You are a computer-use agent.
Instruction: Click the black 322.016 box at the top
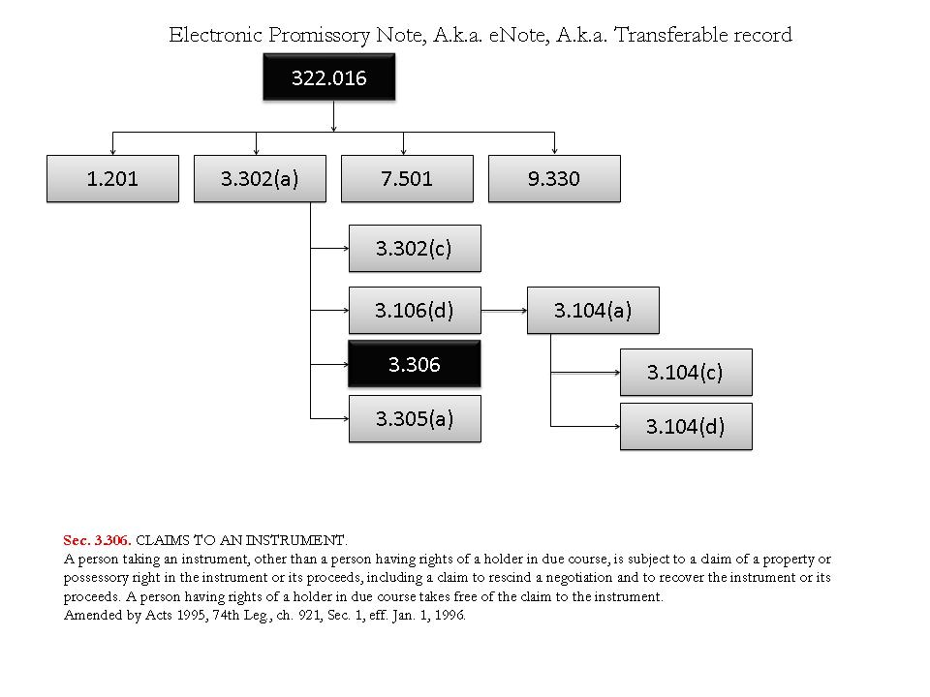[x=329, y=77]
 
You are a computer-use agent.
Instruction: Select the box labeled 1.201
[x=112, y=179]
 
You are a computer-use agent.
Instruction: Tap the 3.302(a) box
[x=260, y=179]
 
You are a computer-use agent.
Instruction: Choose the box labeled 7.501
[x=407, y=179]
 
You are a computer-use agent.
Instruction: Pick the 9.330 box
[x=554, y=179]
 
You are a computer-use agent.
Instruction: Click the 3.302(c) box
[x=415, y=248]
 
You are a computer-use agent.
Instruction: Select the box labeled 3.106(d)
[x=415, y=311]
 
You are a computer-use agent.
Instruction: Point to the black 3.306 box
[x=415, y=364]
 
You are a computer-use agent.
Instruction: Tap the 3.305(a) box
[x=415, y=418]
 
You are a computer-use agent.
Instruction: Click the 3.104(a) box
[x=593, y=311]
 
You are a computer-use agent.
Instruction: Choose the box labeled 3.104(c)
[x=686, y=372]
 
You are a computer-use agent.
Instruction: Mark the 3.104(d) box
[x=686, y=426]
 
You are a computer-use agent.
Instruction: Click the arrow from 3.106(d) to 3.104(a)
[x=504, y=311]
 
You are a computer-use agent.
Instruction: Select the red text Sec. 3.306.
[x=97, y=539]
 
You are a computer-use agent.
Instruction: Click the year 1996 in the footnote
[x=447, y=615]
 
